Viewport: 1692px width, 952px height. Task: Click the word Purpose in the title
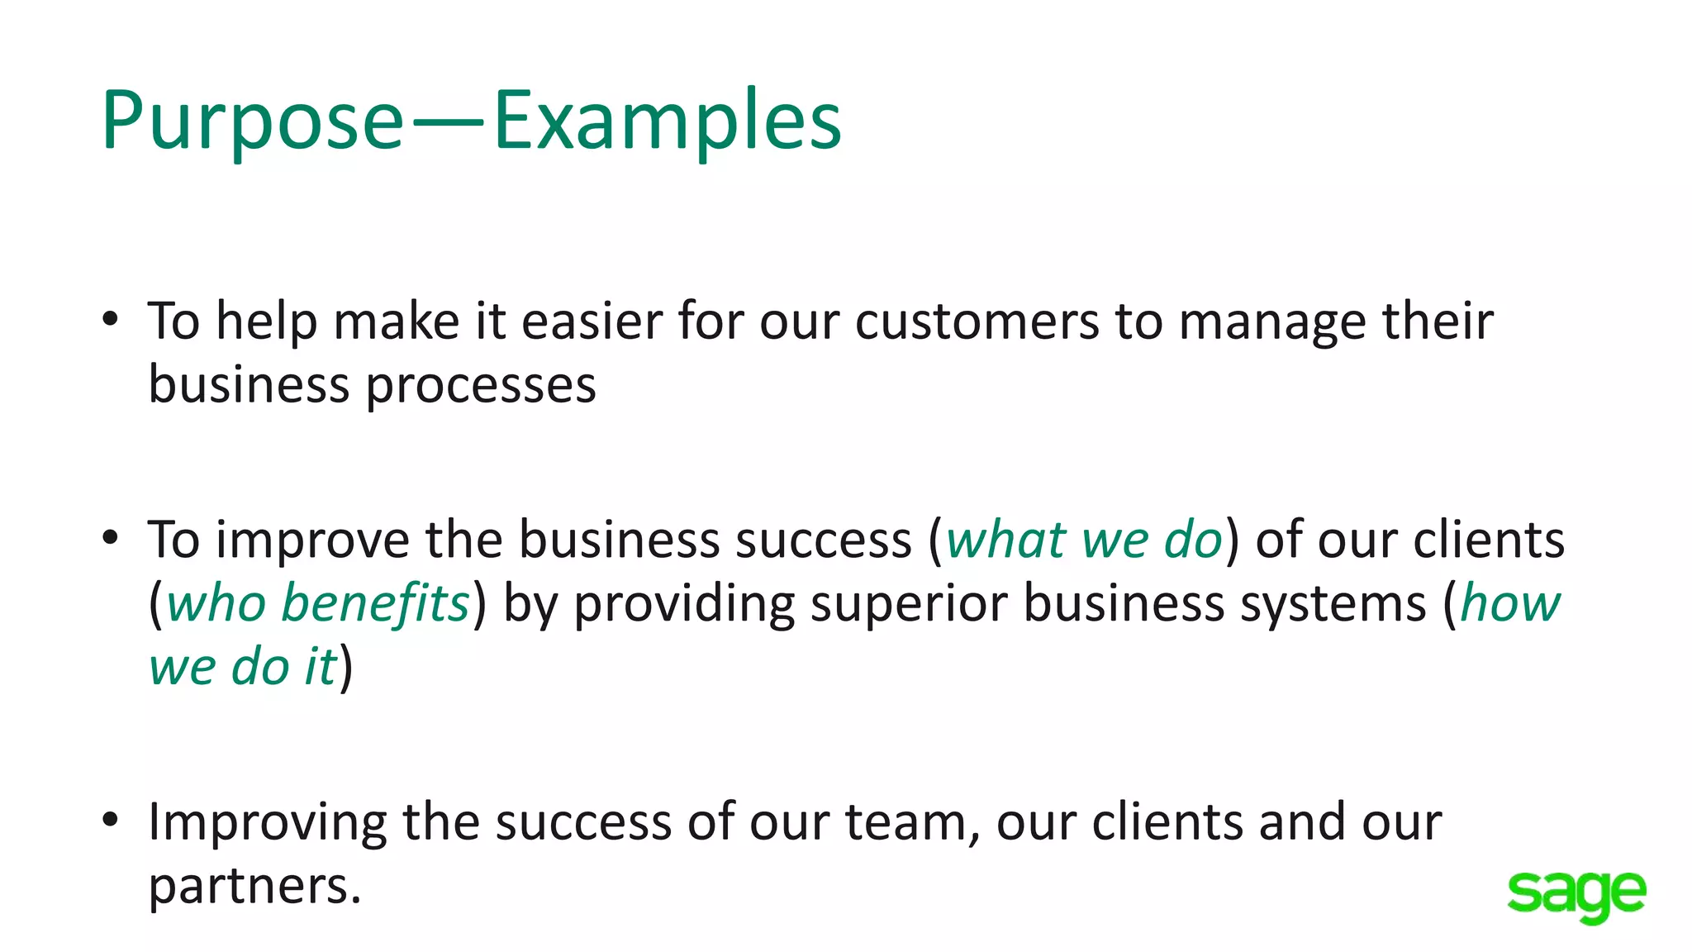(x=252, y=121)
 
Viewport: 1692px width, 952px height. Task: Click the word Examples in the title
(x=668, y=121)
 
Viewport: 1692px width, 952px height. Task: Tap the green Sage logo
(x=1576, y=894)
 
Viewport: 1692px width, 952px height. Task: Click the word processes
(x=481, y=385)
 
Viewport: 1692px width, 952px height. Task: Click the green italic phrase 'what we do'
(x=1083, y=540)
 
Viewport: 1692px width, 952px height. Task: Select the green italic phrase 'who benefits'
(x=318, y=603)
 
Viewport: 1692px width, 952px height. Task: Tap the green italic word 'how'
(x=1510, y=603)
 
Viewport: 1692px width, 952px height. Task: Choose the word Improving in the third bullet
(x=267, y=823)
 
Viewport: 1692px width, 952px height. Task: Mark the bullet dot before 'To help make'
(x=111, y=319)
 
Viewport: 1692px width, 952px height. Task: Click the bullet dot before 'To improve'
(x=111, y=538)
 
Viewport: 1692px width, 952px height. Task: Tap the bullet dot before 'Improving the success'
(x=111, y=820)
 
